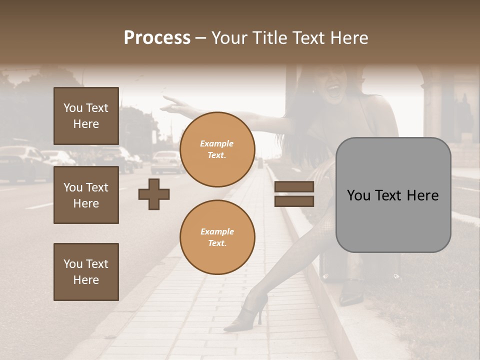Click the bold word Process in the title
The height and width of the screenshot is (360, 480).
click(x=157, y=38)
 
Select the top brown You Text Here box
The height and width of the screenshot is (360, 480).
click(x=86, y=116)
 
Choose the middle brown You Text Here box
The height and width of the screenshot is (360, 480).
click(x=86, y=195)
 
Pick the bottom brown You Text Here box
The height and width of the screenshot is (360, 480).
click(x=86, y=271)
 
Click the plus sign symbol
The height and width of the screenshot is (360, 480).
click(x=154, y=194)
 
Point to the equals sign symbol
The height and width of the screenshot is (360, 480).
click(x=294, y=194)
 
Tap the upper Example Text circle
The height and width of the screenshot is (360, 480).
click(x=217, y=149)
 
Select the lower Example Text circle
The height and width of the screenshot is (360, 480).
click(x=217, y=237)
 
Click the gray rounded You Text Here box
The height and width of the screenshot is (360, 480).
click(x=393, y=195)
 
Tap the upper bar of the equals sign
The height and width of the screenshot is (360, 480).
click(x=294, y=187)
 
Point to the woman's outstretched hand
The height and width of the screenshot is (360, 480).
click(x=172, y=103)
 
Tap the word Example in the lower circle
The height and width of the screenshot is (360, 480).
click(x=217, y=231)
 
